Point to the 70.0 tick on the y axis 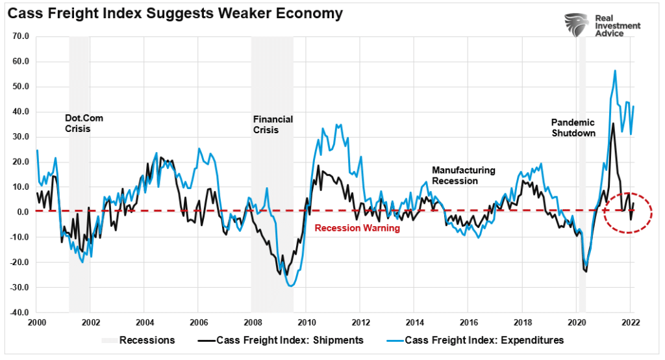point(20,36)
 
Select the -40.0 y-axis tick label point(19,313)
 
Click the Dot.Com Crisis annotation point(84,123)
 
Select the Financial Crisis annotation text point(273,124)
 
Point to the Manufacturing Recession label point(464,175)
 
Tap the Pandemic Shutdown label point(574,127)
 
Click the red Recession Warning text point(357,228)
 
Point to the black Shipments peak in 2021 point(613,123)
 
